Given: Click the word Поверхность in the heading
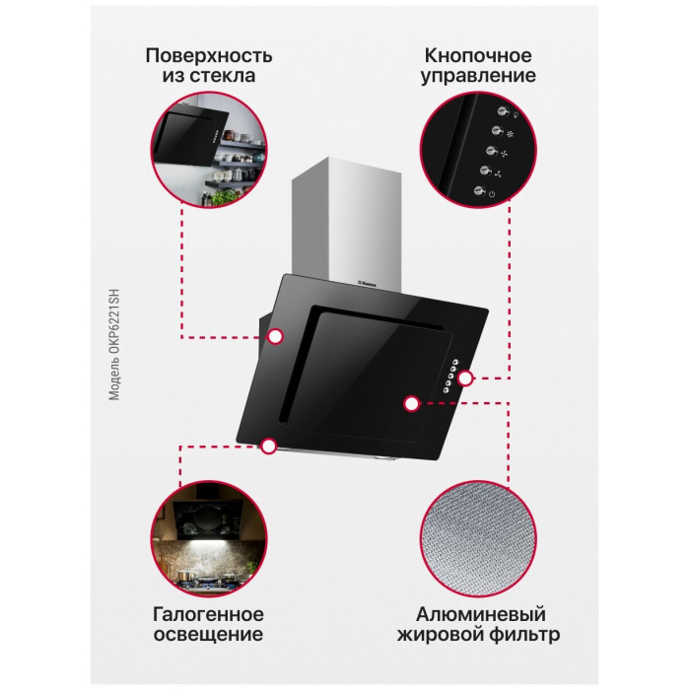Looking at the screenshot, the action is pos(209,56).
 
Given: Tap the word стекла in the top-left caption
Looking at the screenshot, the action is pos(222,75).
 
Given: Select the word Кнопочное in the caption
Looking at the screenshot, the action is pos(478,56).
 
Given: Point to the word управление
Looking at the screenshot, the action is pos(478,76).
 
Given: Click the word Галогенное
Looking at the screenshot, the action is pos(209,614).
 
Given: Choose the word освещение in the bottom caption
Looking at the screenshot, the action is pos(209,634).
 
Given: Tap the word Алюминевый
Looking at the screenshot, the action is pos(481,614).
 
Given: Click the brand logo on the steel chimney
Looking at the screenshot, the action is pos(365,284).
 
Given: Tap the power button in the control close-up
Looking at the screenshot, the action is pos(480,191).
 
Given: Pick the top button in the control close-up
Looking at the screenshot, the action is pos(504,110).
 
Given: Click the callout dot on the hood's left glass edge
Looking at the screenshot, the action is pos(275,337).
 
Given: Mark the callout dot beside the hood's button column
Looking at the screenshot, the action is pos(465,379).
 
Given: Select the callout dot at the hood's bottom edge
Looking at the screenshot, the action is pos(268,446).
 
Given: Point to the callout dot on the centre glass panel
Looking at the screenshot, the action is pos(411,403).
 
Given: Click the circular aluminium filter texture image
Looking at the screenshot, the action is pos(478,539).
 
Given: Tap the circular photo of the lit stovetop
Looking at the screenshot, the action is pos(209,539).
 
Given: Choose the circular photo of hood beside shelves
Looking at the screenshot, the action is pos(209,150).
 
